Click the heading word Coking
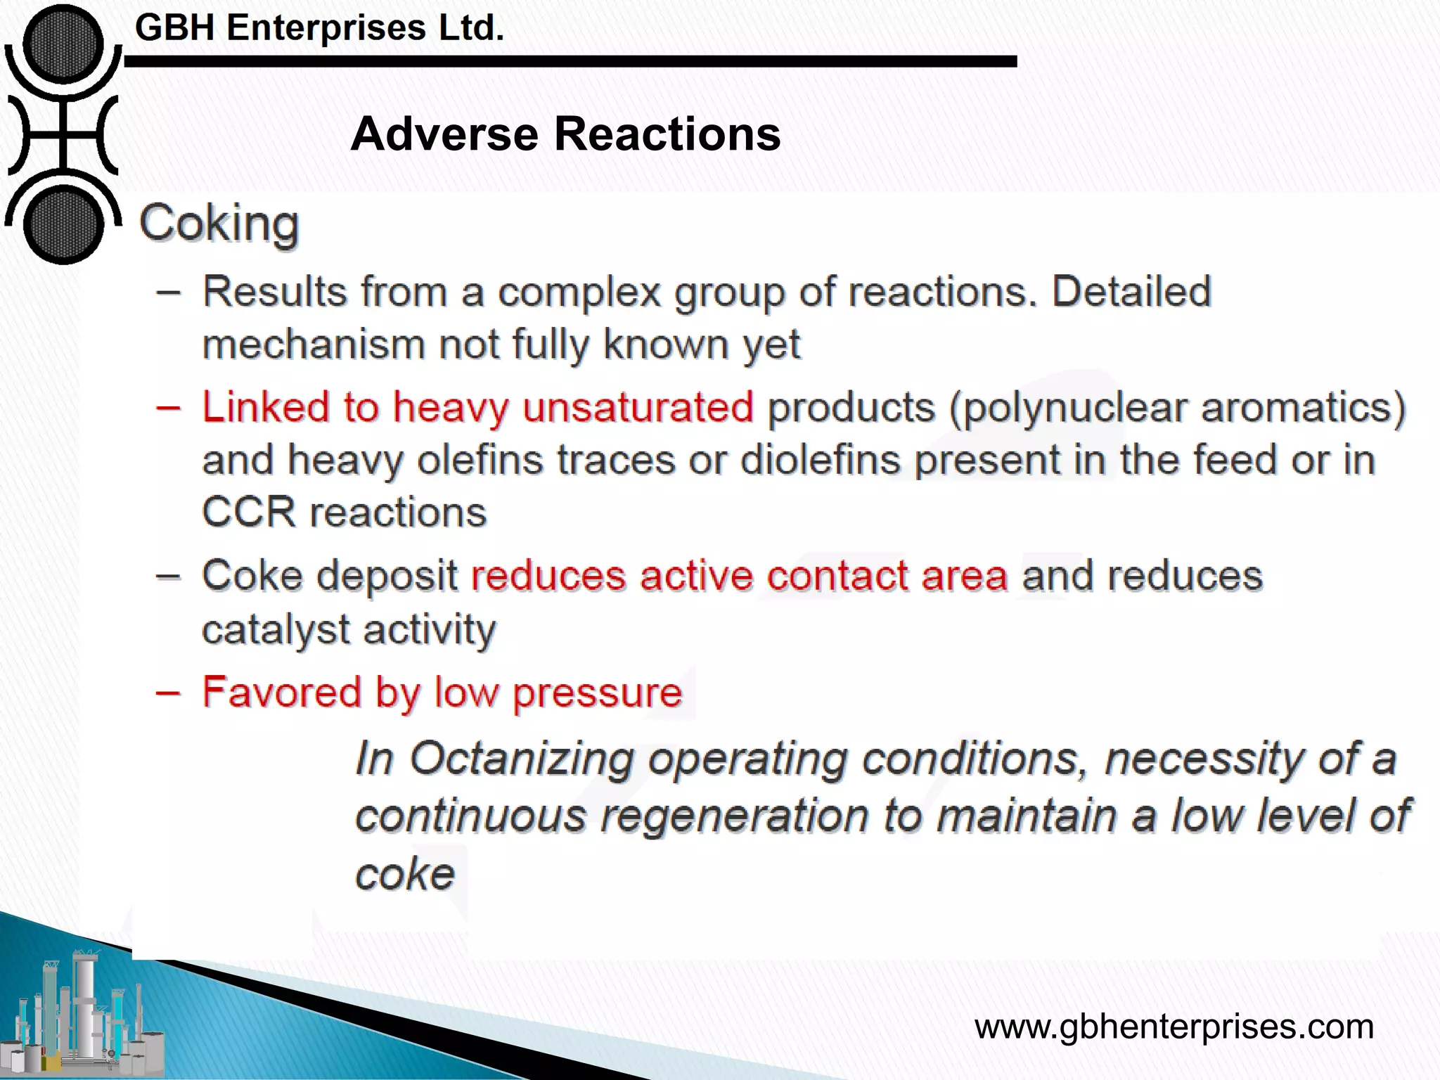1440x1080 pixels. [x=219, y=224]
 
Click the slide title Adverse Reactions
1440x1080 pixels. [x=565, y=134]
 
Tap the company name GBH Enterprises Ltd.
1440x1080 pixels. [x=319, y=28]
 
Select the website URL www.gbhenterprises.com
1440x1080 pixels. [x=1174, y=1027]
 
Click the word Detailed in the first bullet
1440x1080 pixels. [x=1131, y=291]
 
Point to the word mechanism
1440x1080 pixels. [x=314, y=345]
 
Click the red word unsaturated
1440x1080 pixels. [x=638, y=407]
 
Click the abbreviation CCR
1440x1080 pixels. [x=249, y=512]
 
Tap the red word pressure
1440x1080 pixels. [x=597, y=693]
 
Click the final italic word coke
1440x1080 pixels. [x=405, y=874]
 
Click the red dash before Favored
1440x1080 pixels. [x=168, y=693]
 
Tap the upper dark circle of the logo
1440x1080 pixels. [x=63, y=44]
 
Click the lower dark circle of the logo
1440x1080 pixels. [x=63, y=225]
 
